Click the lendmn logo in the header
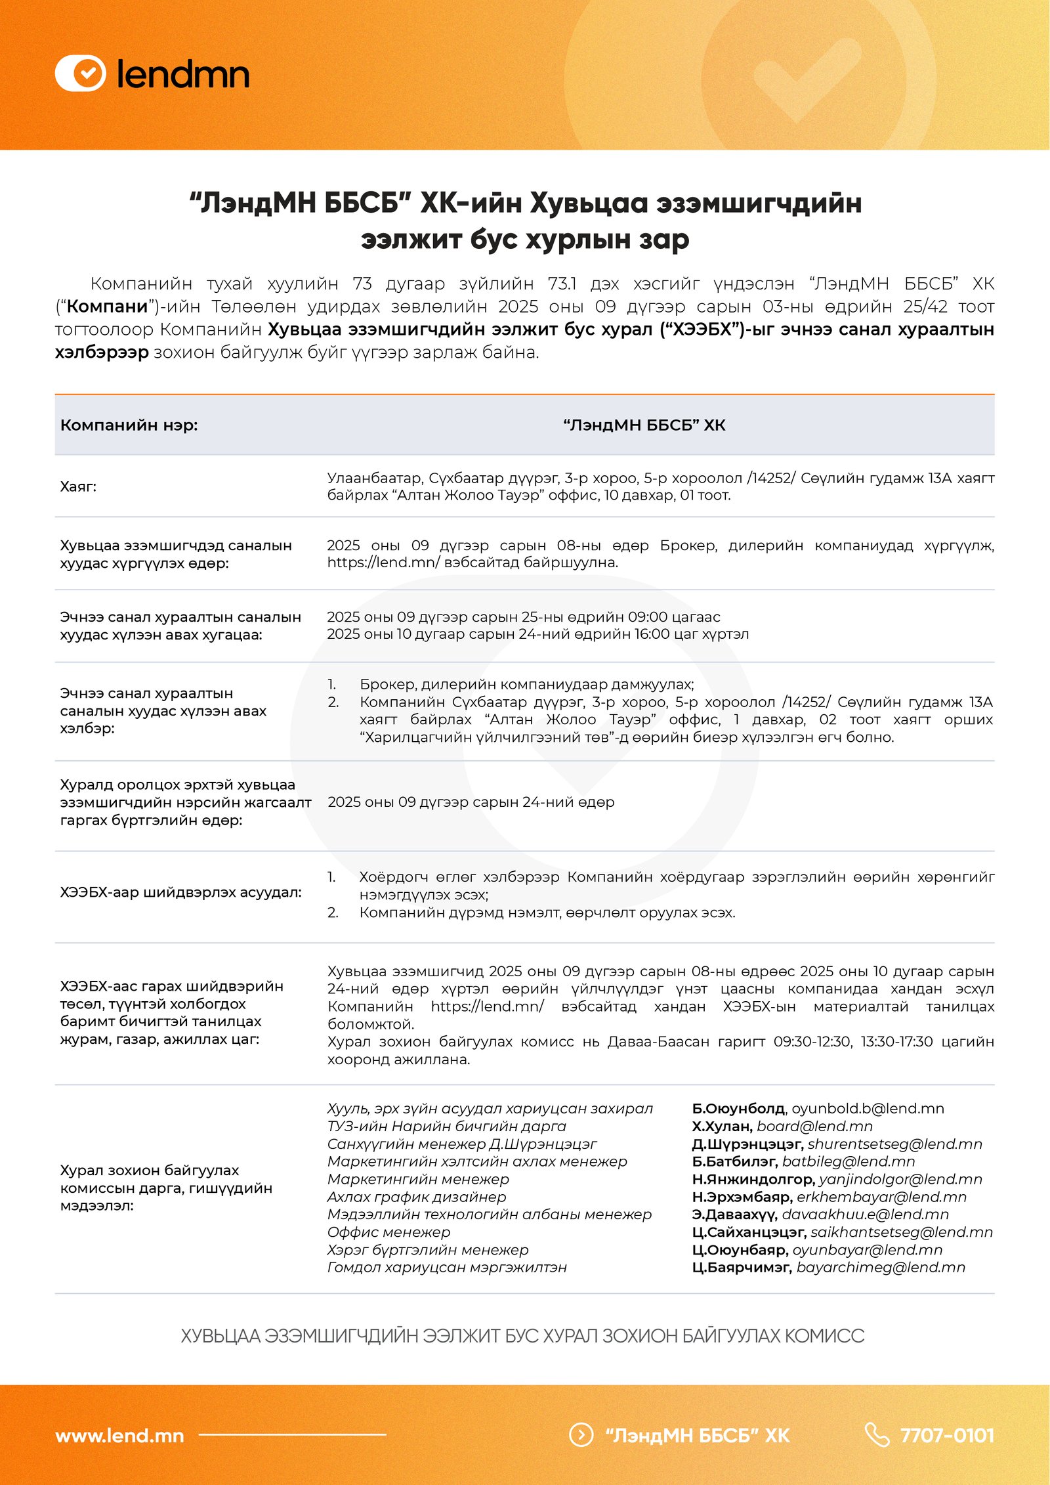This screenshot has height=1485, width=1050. [152, 74]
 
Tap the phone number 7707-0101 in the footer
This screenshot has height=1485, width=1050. [947, 1435]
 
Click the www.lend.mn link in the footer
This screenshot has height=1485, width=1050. [119, 1436]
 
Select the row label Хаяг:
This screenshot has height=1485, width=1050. [78, 486]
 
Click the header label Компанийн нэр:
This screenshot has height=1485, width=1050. [129, 425]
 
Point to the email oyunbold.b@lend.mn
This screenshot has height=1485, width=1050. [868, 1108]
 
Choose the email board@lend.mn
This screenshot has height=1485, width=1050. [814, 1126]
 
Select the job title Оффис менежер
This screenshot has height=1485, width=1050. [388, 1232]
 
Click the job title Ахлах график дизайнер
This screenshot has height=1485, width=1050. [417, 1197]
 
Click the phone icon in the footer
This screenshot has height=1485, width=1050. [877, 1435]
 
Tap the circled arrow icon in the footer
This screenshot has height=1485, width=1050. [581, 1435]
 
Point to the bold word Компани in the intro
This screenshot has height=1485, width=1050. [107, 307]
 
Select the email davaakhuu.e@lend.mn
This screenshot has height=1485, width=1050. [865, 1214]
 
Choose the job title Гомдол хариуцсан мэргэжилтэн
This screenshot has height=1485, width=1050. [447, 1267]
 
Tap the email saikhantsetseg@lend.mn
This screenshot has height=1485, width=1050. [902, 1232]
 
